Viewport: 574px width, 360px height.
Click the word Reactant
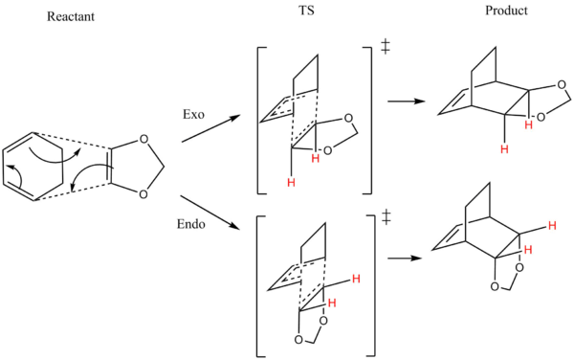(71, 16)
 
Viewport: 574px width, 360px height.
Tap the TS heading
(306, 11)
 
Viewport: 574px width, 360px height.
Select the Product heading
(506, 11)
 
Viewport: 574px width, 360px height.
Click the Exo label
(193, 114)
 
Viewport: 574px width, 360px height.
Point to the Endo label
(191, 224)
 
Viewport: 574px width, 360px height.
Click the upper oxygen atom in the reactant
(144, 139)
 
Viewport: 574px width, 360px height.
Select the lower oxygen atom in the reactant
(143, 194)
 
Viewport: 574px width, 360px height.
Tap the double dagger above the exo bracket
(385, 47)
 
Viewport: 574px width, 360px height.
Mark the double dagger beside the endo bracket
(386, 216)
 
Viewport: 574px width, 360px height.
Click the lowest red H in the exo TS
(291, 182)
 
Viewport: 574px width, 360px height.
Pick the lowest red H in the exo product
(505, 149)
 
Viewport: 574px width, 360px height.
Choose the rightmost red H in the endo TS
(356, 279)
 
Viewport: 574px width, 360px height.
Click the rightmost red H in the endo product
(552, 226)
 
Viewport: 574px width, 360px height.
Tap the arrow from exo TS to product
(407, 101)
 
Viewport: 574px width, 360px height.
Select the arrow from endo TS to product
(405, 259)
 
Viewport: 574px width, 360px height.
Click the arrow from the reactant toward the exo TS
(211, 128)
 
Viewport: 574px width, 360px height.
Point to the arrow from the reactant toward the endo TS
(210, 213)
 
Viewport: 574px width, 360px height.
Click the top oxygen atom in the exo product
(562, 85)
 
